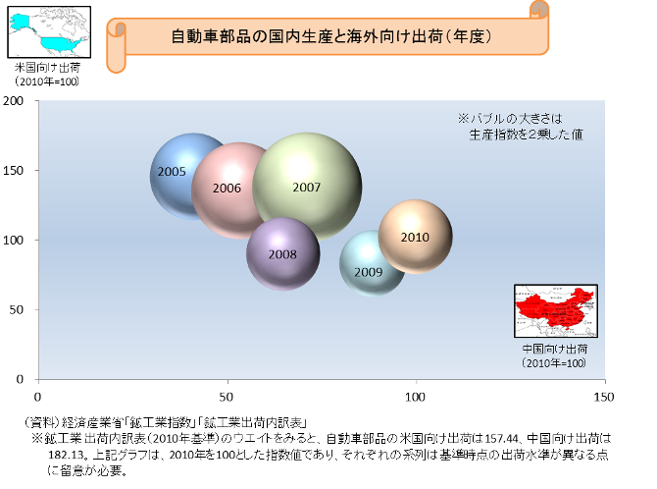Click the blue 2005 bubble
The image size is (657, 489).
point(173,177)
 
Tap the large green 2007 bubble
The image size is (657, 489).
point(307,188)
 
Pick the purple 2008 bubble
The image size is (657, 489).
point(283,254)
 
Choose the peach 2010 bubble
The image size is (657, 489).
point(415,237)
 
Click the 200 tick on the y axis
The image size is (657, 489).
point(13,101)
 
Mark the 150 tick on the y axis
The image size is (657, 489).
point(13,171)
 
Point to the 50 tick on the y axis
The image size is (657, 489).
point(16,309)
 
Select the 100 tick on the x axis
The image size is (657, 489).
point(415,397)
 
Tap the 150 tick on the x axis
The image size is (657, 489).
point(604,397)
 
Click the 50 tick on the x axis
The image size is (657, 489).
point(227,397)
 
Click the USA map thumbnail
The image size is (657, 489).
point(49,31)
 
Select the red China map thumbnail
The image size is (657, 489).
point(556,311)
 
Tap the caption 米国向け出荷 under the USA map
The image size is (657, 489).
point(47,67)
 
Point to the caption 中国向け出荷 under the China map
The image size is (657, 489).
point(555,349)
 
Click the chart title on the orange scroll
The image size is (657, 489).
point(331,36)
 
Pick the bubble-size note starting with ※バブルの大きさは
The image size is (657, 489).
point(520,127)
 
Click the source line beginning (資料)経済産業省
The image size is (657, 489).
point(165,422)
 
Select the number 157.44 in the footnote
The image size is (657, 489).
point(501,439)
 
